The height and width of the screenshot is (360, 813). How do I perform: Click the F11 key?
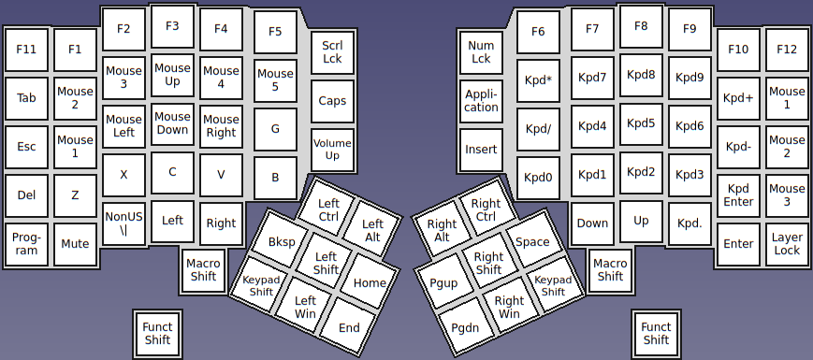coord(26,50)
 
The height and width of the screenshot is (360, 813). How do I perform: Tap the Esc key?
coord(26,147)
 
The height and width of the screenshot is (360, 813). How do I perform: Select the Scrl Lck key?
coord(332,51)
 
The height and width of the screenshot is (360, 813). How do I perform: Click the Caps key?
coord(332,101)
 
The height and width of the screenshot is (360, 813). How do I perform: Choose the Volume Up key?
coord(332,150)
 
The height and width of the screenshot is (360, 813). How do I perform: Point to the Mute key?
coord(75,244)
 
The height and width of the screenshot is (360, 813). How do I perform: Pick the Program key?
coord(26,244)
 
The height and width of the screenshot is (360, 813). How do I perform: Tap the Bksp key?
coord(281,242)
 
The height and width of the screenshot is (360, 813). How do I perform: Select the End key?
coord(349,327)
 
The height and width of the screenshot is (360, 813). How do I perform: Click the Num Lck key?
coord(481,51)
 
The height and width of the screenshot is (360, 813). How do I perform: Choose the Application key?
coord(481,101)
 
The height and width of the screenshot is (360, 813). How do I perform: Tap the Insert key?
coord(481,150)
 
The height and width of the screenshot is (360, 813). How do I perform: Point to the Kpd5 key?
coord(641,123)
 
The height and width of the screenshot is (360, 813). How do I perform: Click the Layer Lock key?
coord(787,244)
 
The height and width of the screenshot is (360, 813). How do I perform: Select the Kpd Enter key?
coord(738,195)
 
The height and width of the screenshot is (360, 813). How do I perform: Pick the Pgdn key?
coord(465,327)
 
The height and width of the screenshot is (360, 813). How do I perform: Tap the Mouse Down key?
coord(172,123)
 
